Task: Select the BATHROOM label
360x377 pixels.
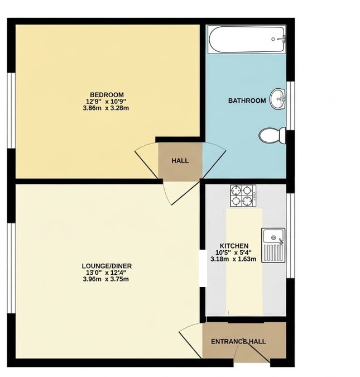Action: click(x=247, y=101)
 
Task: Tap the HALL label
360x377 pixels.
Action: click(x=180, y=161)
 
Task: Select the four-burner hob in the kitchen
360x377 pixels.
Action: click(x=243, y=195)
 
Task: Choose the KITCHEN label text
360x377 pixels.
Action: click(x=234, y=246)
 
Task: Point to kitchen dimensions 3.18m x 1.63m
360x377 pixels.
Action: click(x=233, y=259)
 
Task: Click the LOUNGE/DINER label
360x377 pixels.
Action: click(x=107, y=265)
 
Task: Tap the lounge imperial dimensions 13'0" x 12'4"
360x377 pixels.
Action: click(x=107, y=272)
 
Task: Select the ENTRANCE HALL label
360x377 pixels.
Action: click(x=238, y=341)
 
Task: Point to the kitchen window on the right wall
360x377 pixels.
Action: click(x=289, y=235)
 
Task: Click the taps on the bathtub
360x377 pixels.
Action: click(x=281, y=39)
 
